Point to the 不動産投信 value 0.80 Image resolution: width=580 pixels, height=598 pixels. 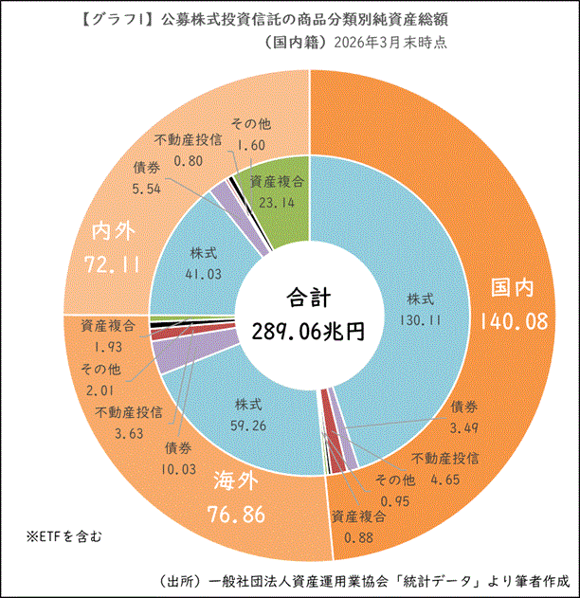coord(190,160)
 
